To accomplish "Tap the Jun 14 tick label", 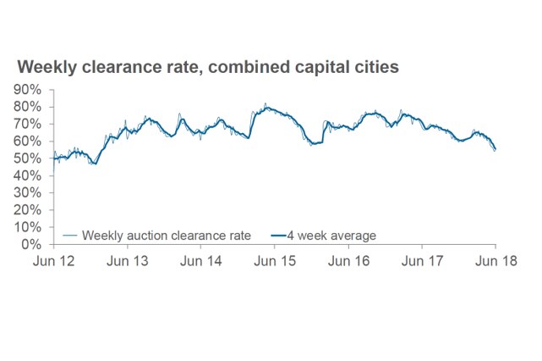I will (201, 262).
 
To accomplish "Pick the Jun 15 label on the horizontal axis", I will (275, 262).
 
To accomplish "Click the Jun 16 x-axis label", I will (348, 262).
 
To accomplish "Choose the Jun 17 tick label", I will (421, 262).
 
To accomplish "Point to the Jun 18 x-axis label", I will (495, 262).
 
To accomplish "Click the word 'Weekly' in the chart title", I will (50, 66).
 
